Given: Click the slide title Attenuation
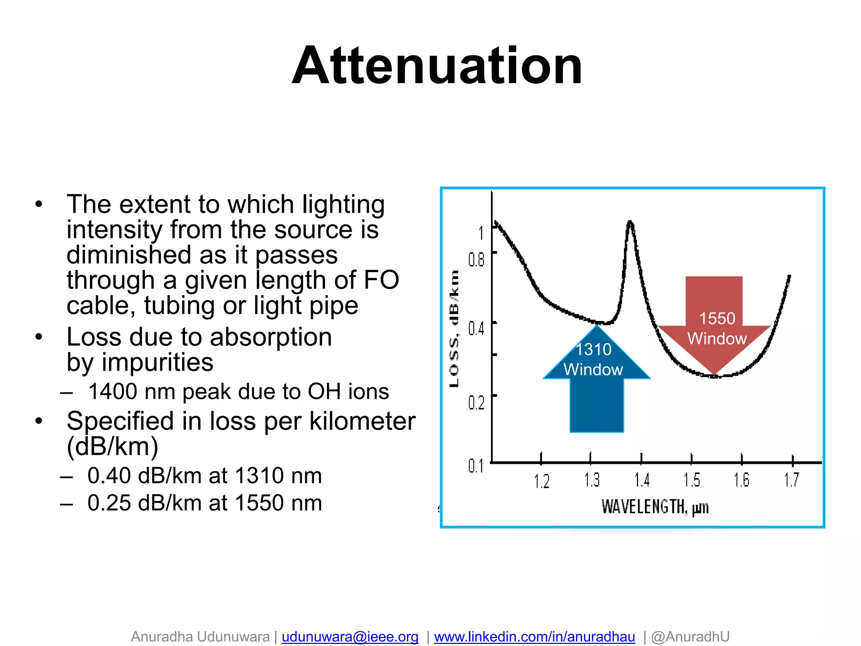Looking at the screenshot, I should [437, 66].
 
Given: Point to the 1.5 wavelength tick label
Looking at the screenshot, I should [692, 480].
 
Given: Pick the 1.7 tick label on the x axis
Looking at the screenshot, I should [791, 480].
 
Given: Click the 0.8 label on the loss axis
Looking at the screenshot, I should [476, 260].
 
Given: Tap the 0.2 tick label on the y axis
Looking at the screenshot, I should [476, 403].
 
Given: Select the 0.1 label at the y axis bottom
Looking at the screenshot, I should [476, 466].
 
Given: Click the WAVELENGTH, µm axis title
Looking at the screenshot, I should [655, 507].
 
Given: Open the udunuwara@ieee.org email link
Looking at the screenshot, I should [350, 637].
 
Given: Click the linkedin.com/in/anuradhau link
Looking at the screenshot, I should [534, 637].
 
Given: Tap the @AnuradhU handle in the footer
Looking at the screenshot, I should [690, 637].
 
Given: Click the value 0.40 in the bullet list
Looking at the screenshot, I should [109, 476].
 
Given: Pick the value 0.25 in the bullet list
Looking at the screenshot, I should [109, 503].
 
